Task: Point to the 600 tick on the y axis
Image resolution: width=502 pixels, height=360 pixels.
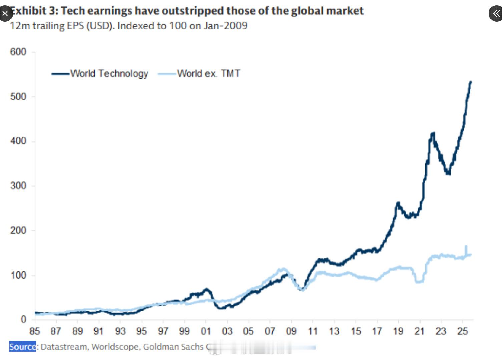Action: [x=18, y=52]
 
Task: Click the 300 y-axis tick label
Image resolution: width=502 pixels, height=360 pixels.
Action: [x=18, y=186]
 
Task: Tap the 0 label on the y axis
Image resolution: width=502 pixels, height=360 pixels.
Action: [x=23, y=319]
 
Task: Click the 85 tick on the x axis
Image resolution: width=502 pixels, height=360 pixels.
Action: [x=34, y=331]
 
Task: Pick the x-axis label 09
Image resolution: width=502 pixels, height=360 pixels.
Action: [x=291, y=331]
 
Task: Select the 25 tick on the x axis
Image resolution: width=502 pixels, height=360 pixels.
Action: [x=462, y=331]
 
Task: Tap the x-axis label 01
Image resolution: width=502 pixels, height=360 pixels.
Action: [x=206, y=331]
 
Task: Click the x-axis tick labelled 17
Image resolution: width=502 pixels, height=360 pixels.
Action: [x=377, y=331]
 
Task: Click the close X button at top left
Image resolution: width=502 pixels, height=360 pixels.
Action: [x=5, y=14]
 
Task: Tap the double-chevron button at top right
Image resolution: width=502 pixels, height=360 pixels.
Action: [x=496, y=14]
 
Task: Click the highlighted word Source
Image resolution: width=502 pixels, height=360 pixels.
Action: [x=22, y=347]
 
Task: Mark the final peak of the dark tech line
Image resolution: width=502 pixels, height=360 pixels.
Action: [x=471, y=82]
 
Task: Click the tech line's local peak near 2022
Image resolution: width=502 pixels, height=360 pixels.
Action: [x=433, y=133]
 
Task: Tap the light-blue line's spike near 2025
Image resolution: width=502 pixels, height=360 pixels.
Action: [x=466, y=246]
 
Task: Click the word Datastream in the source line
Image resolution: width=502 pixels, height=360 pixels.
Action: [x=64, y=347]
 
